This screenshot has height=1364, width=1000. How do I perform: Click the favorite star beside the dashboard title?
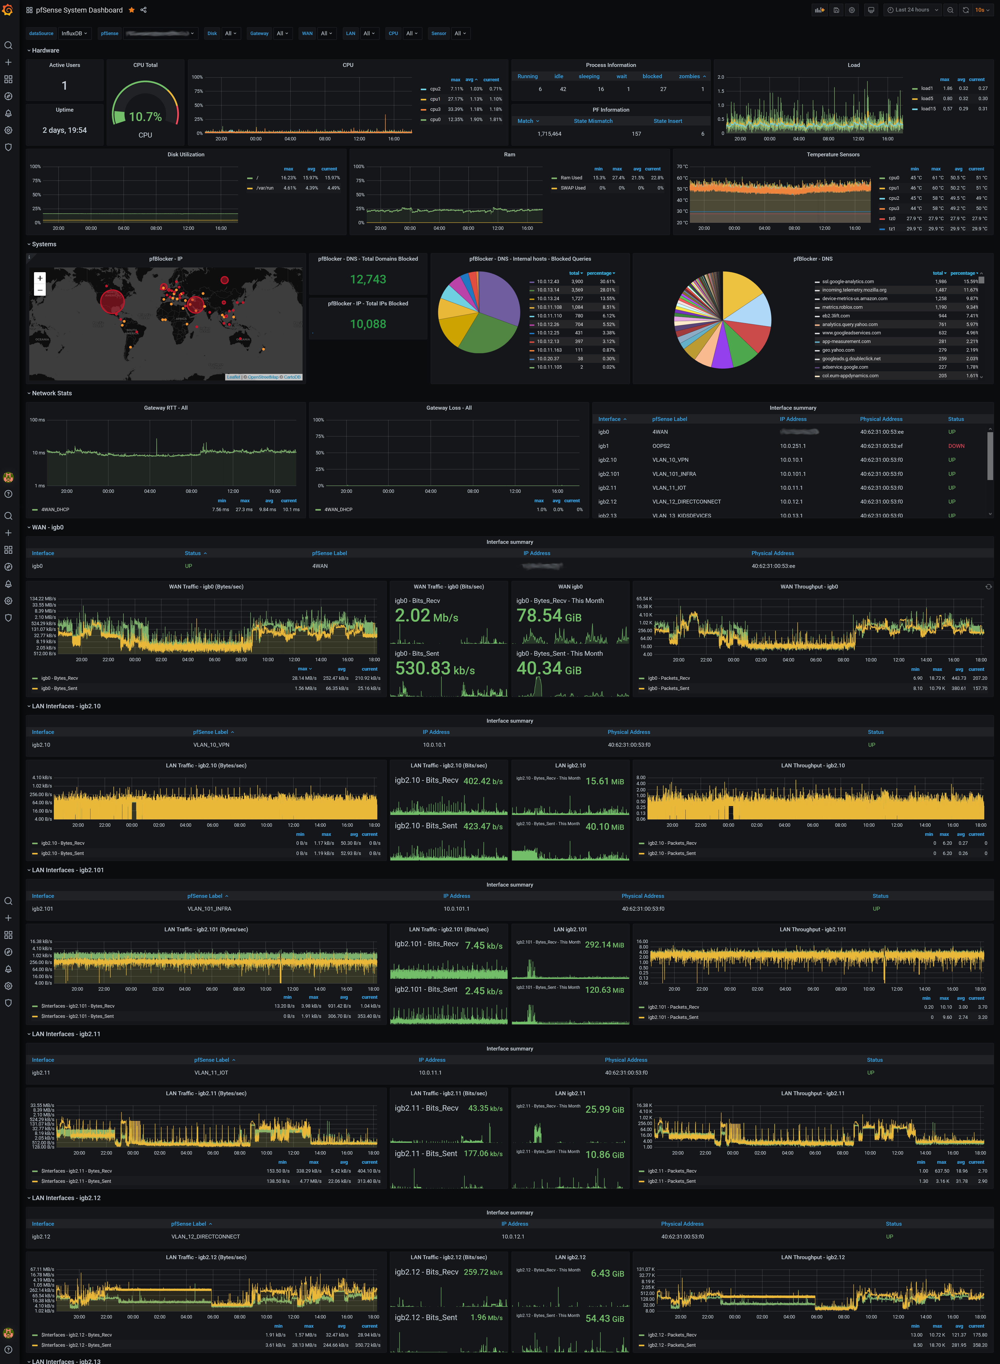click(131, 10)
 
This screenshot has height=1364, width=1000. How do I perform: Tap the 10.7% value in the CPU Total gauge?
click(145, 117)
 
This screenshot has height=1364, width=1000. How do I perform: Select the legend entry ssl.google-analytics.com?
click(848, 281)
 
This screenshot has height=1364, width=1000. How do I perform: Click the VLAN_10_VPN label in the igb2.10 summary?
click(211, 745)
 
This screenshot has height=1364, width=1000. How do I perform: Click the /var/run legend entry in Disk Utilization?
click(265, 188)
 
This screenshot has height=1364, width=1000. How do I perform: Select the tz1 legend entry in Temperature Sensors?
click(892, 229)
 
